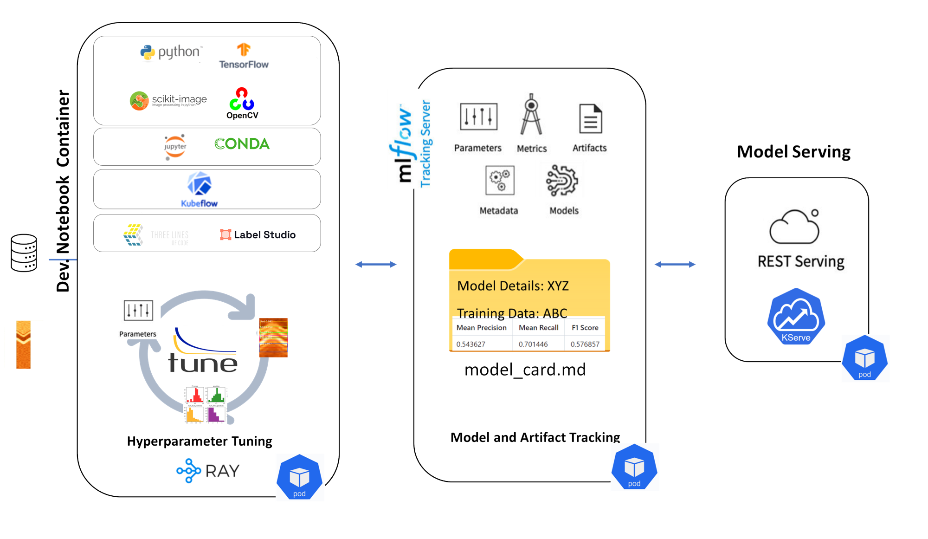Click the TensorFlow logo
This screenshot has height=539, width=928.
click(x=244, y=56)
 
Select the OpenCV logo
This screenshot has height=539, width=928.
click(x=242, y=103)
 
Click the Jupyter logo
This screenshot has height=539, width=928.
click(x=175, y=147)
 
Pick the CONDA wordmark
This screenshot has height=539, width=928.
click(x=242, y=144)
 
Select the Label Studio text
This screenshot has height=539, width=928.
click(x=264, y=234)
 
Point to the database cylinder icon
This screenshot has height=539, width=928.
click(x=24, y=253)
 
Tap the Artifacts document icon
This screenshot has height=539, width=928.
click(x=590, y=118)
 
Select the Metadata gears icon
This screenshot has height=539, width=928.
click(x=500, y=180)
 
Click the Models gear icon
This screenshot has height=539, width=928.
click(x=562, y=180)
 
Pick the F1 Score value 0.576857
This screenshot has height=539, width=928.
click(x=585, y=344)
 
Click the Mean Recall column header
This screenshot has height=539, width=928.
click(x=538, y=327)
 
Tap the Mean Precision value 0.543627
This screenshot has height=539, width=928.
click(x=470, y=344)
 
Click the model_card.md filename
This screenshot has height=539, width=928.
click(x=525, y=370)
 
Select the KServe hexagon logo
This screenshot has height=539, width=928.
click(x=796, y=316)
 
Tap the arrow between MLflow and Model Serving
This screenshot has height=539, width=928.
click(x=675, y=264)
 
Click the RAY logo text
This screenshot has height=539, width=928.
click(x=222, y=471)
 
